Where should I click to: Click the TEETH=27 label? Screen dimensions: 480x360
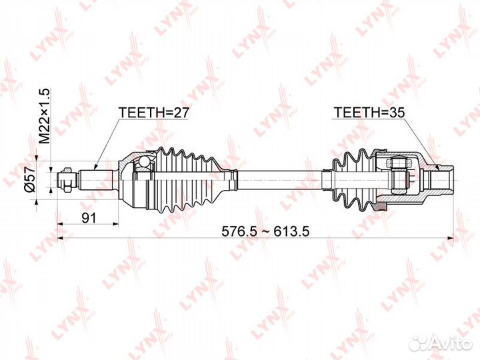coord(154,113)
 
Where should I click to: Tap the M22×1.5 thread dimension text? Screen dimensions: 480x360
coord(45,116)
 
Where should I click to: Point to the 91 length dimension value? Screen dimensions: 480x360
coord(89,218)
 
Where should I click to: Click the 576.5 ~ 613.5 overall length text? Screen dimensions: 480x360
coord(265,231)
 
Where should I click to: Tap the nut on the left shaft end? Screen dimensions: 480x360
coord(67,180)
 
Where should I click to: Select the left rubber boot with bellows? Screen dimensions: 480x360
coord(193,180)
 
